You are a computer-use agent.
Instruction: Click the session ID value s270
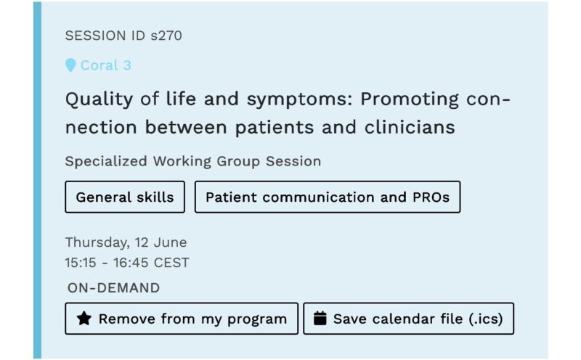click(166, 36)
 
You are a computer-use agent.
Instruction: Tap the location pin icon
click(70, 65)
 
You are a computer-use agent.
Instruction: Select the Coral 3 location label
click(105, 65)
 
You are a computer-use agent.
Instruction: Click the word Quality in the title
click(99, 99)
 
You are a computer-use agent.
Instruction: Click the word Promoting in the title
click(410, 99)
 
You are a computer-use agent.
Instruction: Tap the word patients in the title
click(275, 128)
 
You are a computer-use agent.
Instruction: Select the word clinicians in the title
click(410, 127)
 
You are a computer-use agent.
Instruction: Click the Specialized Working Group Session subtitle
click(193, 161)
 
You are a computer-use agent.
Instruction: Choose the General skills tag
click(125, 197)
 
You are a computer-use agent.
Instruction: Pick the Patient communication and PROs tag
click(328, 197)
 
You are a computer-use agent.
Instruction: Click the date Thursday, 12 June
click(126, 242)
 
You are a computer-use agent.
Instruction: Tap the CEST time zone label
click(171, 263)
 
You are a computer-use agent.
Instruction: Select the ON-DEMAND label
click(114, 287)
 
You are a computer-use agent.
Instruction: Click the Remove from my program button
click(182, 319)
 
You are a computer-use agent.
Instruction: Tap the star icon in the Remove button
click(84, 319)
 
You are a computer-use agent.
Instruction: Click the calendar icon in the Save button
click(320, 318)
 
